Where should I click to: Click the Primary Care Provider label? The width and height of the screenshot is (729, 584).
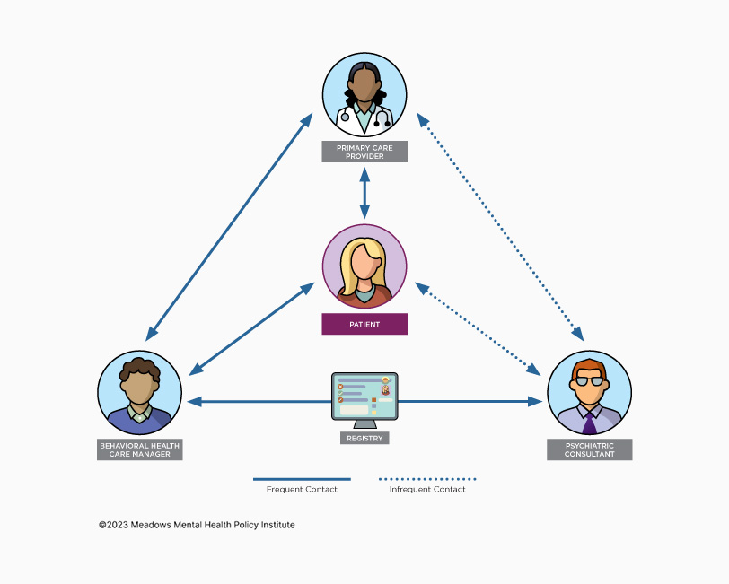click(x=364, y=152)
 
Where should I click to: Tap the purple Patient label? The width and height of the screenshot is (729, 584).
click(x=364, y=324)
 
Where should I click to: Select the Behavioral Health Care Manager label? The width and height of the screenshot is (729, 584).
click(x=139, y=449)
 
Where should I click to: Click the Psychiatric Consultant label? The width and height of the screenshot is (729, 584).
click(x=589, y=449)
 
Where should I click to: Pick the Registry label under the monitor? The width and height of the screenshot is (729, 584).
click(x=364, y=439)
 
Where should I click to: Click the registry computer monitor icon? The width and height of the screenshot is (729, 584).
click(x=364, y=397)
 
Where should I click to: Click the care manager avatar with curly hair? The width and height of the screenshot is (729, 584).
click(x=139, y=392)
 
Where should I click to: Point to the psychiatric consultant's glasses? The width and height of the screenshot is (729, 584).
click(x=589, y=381)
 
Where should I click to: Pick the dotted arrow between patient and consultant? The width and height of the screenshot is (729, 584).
click(x=478, y=329)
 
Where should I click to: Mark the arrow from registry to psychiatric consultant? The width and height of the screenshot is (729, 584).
click(x=467, y=402)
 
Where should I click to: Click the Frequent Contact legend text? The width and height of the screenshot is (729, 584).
click(x=302, y=490)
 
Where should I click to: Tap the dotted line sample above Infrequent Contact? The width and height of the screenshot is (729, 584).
click(x=427, y=479)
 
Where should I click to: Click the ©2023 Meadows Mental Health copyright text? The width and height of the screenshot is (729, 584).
click(x=197, y=525)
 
